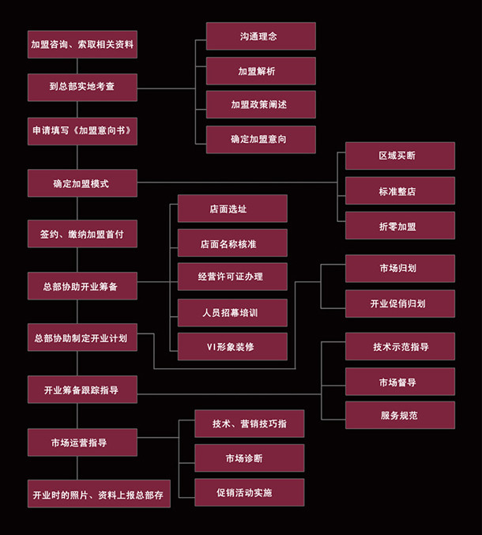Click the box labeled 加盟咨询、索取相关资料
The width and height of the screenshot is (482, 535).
pyautogui.click(x=82, y=45)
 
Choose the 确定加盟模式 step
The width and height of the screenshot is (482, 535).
pyautogui.click(x=82, y=183)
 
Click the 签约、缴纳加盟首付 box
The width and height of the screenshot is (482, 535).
pyautogui.click(x=82, y=234)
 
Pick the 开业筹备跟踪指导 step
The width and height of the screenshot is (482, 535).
pyautogui.click(x=82, y=390)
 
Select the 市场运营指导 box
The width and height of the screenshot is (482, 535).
pyautogui.click(x=82, y=443)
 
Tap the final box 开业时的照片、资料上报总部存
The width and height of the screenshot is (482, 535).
pyautogui.click(x=98, y=494)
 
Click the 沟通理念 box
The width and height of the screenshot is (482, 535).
pyautogui.click(x=261, y=36)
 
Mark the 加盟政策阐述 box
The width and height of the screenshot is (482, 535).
pyautogui.click(x=261, y=104)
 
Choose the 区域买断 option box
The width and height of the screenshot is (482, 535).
pyautogui.click(x=400, y=156)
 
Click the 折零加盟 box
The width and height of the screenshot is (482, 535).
pyautogui.click(x=400, y=225)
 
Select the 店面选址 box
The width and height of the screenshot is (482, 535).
pyautogui.click(x=232, y=209)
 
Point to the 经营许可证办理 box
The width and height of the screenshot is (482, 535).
pyautogui.click(x=232, y=277)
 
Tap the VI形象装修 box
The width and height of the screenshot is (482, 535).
pyautogui.click(x=232, y=346)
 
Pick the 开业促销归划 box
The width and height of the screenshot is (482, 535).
pyautogui.click(x=400, y=303)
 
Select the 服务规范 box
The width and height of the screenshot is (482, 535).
pyautogui.click(x=400, y=415)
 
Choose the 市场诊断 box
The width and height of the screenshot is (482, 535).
pyautogui.click(x=250, y=458)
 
